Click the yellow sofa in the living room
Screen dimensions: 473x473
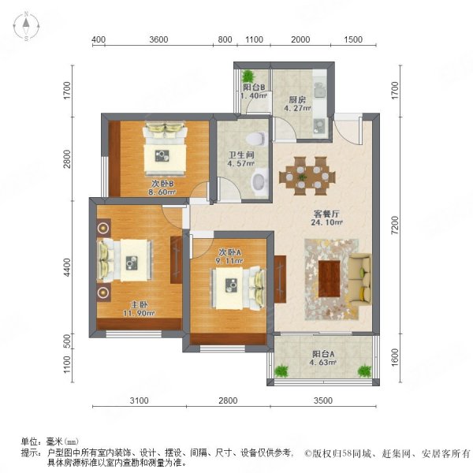(362, 278)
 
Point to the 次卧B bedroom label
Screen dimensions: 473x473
(162, 184)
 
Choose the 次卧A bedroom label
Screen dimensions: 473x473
(229, 252)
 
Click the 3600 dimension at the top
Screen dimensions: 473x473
(158, 39)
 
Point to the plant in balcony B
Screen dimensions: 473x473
(249, 76)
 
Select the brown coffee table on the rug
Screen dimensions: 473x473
(330, 277)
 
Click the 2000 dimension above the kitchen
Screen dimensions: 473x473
(301, 39)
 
